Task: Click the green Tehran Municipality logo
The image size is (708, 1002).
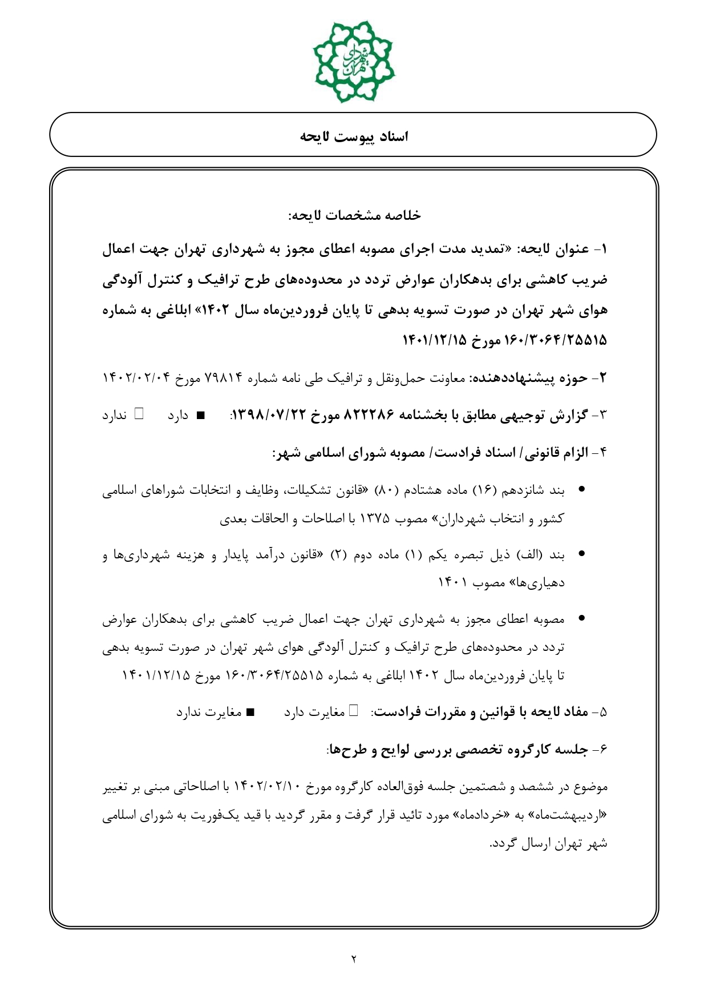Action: [x=354, y=61]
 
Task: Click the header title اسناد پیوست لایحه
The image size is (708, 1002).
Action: [x=354, y=136]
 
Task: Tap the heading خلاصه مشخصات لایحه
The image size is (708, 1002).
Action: [x=354, y=215]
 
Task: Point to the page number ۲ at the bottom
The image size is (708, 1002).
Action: [x=354, y=959]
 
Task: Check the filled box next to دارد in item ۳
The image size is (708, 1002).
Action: [x=200, y=416]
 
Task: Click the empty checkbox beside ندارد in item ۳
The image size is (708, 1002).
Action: [x=139, y=415]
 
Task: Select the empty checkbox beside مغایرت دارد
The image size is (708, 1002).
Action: [x=354, y=711]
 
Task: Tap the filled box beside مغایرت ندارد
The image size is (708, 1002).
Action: [x=249, y=713]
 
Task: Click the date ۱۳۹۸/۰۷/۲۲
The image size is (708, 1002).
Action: [x=270, y=415]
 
